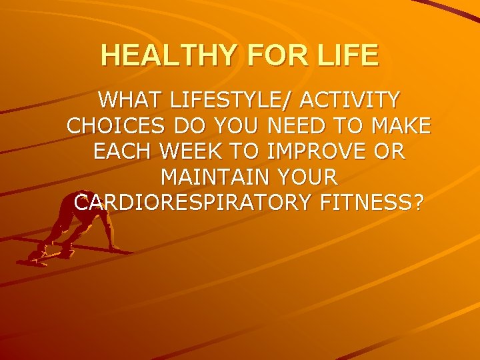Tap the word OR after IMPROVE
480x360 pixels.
pyautogui.click(x=390, y=151)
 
